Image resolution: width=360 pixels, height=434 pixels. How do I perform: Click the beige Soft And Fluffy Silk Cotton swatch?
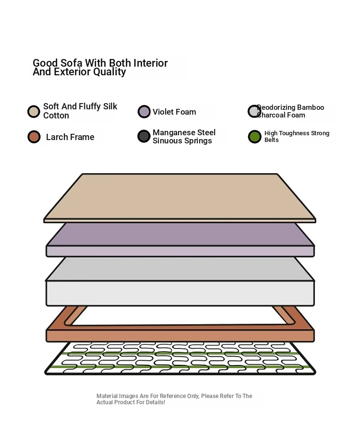[34, 112]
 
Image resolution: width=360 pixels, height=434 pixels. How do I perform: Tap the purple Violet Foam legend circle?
[144, 112]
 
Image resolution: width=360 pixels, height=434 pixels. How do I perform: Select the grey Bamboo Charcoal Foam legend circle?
[254, 111]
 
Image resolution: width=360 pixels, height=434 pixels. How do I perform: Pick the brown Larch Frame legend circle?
[34, 137]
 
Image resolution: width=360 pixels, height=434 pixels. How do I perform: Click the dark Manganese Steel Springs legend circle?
[144, 136]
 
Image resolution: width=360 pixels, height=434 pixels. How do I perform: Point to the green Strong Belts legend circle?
[255, 137]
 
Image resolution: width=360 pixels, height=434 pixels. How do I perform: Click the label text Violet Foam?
[174, 112]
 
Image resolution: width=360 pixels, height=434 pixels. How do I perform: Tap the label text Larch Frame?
[70, 137]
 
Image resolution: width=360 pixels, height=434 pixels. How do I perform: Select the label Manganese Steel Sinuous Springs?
[184, 137]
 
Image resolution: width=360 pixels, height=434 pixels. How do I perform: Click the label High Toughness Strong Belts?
[297, 137]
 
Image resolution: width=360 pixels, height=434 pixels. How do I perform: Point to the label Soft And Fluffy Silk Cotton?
[80, 111]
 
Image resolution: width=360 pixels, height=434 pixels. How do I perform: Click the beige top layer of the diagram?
[180, 197]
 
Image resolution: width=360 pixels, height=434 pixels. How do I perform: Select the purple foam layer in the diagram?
[180, 239]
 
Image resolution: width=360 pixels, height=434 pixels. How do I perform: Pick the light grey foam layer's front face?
[180, 293]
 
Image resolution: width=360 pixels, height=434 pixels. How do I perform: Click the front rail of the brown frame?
[180, 336]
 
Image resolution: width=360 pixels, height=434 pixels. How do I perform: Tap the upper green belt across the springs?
[180, 353]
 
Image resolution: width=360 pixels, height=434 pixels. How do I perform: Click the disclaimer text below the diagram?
[174, 399]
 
